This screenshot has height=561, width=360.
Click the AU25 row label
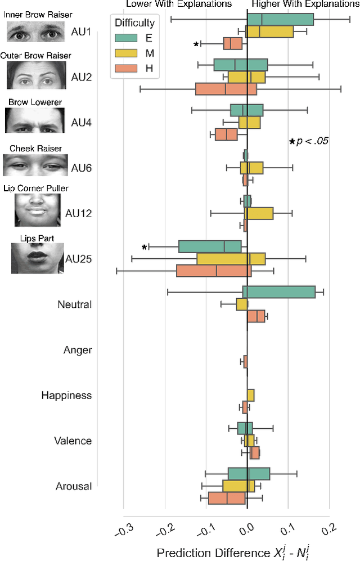point(78,259)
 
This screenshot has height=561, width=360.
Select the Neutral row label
point(74,305)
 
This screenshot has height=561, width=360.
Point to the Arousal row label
point(74,486)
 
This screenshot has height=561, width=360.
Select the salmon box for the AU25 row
point(214,271)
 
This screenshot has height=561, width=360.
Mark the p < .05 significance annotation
point(308,141)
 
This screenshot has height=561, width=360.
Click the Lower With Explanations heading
point(179,4)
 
